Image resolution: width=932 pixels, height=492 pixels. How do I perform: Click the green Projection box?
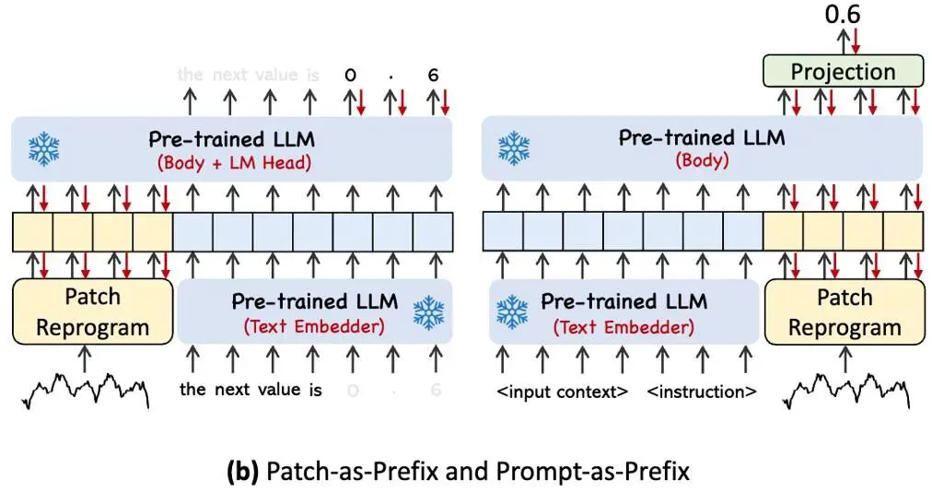(x=843, y=72)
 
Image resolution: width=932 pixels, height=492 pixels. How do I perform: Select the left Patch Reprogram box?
(x=93, y=311)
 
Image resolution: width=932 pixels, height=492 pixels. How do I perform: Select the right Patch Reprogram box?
(x=845, y=311)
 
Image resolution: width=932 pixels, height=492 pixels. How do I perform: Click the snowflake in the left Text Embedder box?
(x=428, y=311)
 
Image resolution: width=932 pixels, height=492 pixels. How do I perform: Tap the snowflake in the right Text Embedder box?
(x=513, y=311)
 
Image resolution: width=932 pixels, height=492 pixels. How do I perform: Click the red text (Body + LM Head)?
(x=232, y=164)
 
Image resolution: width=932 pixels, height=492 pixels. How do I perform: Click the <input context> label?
(x=563, y=392)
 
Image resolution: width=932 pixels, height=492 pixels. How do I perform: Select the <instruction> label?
(x=702, y=392)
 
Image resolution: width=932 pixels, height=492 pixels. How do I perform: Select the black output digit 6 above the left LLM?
(x=433, y=75)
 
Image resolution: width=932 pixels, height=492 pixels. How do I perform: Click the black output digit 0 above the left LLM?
(x=349, y=75)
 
